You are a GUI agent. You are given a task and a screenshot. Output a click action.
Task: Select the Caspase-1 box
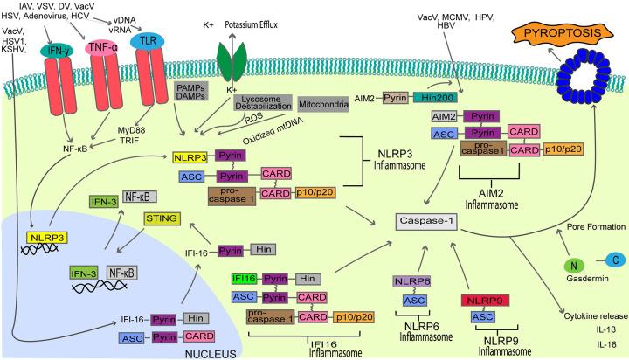point(428,222)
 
